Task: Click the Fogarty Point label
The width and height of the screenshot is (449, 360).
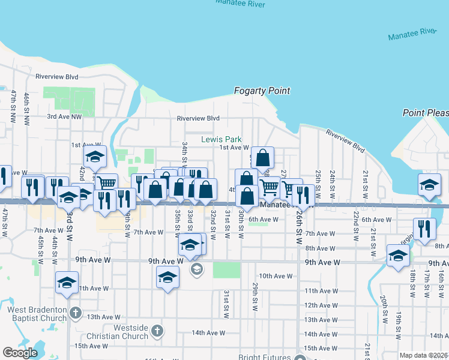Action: pos(262,91)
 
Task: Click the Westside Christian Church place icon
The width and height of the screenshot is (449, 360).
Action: pos(157,331)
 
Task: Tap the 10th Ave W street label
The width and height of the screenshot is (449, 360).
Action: pos(277,276)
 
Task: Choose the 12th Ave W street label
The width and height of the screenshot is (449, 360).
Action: pos(320,305)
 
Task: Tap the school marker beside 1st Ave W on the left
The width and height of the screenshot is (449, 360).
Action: pos(94,158)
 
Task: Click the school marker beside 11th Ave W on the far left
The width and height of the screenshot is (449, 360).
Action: pos(67,283)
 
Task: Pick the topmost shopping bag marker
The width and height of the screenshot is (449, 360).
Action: pos(262,158)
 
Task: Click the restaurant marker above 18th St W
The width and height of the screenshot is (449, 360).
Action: pos(424,229)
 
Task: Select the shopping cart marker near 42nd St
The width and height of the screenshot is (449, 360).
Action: pos(106,184)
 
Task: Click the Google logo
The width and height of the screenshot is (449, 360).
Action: pos(20,353)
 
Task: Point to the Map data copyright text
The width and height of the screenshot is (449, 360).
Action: pos(423,355)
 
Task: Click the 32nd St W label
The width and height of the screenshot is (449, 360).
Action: pos(213,223)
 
